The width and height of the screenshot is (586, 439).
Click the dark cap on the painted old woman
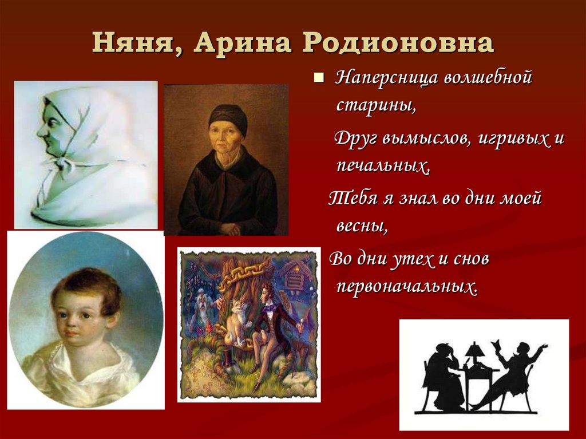point(227,115)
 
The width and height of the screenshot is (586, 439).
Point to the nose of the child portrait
point(68,326)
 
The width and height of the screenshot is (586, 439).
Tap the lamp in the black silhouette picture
point(474,350)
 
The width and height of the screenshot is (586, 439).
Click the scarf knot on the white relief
point(63,166)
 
